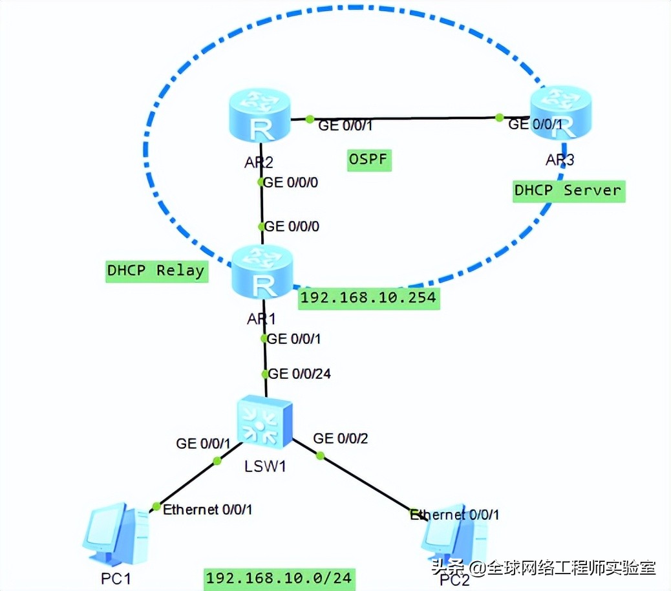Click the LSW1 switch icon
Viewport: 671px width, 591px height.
pos(264,422)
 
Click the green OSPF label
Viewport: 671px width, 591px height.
pos(370,159)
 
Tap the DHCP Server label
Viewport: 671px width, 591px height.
pos(568,191)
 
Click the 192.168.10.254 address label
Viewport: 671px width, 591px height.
pos(368,298)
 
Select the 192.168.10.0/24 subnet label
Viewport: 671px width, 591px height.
pos(279,577)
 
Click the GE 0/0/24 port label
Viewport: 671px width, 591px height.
pos(299,374)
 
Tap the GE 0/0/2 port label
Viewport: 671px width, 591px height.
pos(341,438)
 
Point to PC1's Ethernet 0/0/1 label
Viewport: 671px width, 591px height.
pos(208,510)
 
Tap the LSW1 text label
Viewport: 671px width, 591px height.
pos(264,465)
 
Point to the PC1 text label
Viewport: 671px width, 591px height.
pos(116,577)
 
